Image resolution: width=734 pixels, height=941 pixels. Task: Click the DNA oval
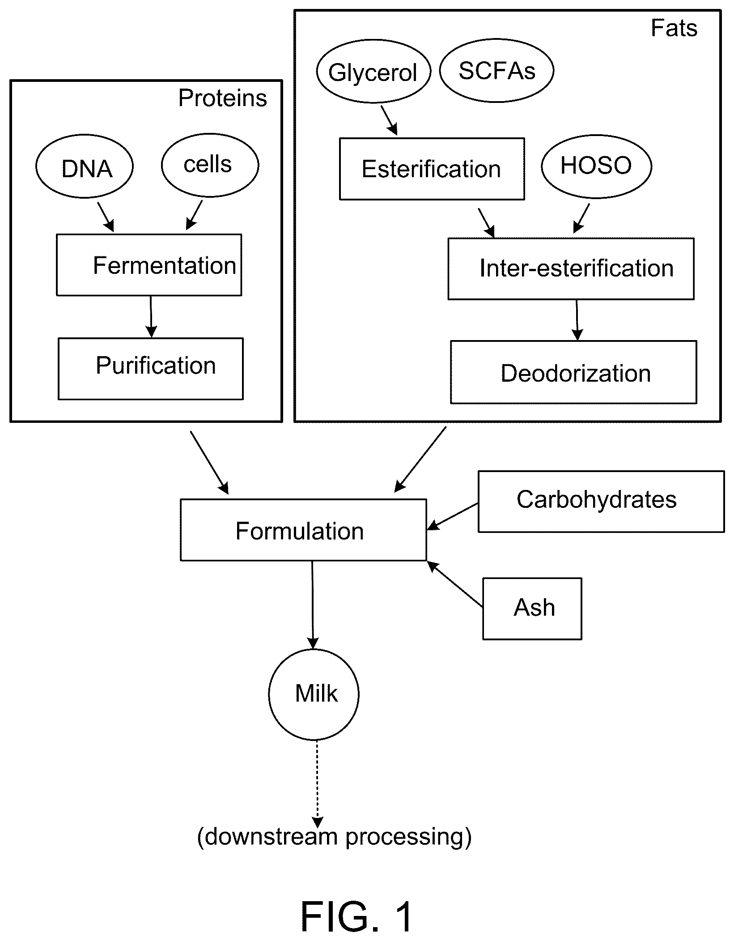[x=85, y=166]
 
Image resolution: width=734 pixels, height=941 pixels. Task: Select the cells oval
[x=210, y=165]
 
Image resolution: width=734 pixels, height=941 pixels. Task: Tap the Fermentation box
[x=149, y=265]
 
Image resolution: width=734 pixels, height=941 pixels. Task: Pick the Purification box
[x=151, y=369]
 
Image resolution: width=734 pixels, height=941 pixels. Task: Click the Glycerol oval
[x=373, y=72]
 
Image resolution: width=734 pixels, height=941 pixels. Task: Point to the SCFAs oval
[x=496, y=71]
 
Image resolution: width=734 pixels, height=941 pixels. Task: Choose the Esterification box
[x=432, y=169]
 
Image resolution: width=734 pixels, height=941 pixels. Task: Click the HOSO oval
[x=596, y=166]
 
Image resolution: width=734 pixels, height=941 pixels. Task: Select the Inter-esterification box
[x=571, y=268]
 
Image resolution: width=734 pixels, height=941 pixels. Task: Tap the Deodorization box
[x=573, y=372]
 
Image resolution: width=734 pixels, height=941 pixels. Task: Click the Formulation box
[x=303, y=530]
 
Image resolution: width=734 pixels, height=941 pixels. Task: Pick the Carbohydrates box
[x=601, y=501]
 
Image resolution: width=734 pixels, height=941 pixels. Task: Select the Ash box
[x=532, y=609]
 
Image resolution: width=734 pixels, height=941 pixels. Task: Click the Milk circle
[x=314, y=694]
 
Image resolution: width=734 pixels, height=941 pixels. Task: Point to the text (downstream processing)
[x=334, y=836]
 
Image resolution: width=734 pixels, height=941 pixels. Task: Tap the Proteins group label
[x=222, y=98]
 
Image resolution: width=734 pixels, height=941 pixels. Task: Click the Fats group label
[x=674, y=28]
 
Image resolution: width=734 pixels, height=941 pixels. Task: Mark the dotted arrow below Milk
[x=317, y=784]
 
